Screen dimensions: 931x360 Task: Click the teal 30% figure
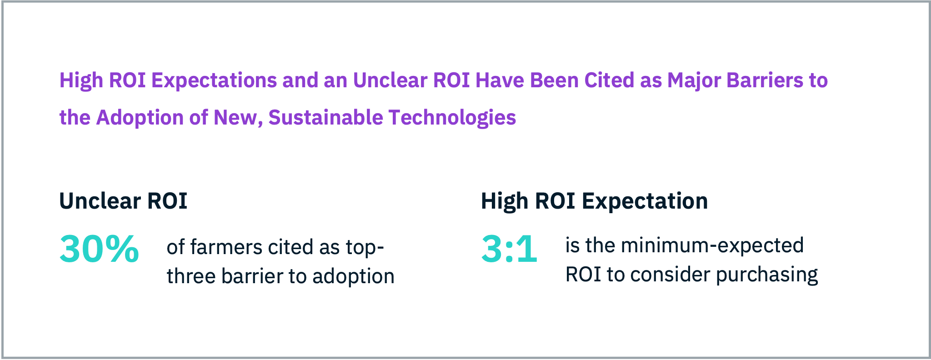tap(99, 249)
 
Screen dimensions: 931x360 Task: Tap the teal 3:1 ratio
tap(509, 249)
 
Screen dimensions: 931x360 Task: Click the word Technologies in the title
tap(452, 118)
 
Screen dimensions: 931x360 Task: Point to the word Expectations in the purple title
tap(214, 81)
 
